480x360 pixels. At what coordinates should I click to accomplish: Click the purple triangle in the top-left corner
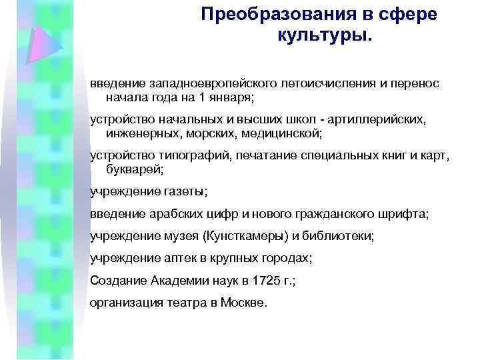click(x=41, y=41)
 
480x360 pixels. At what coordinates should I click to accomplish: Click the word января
click(x=234, y=98)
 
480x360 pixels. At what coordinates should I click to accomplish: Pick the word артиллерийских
click(x=379, y=121)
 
